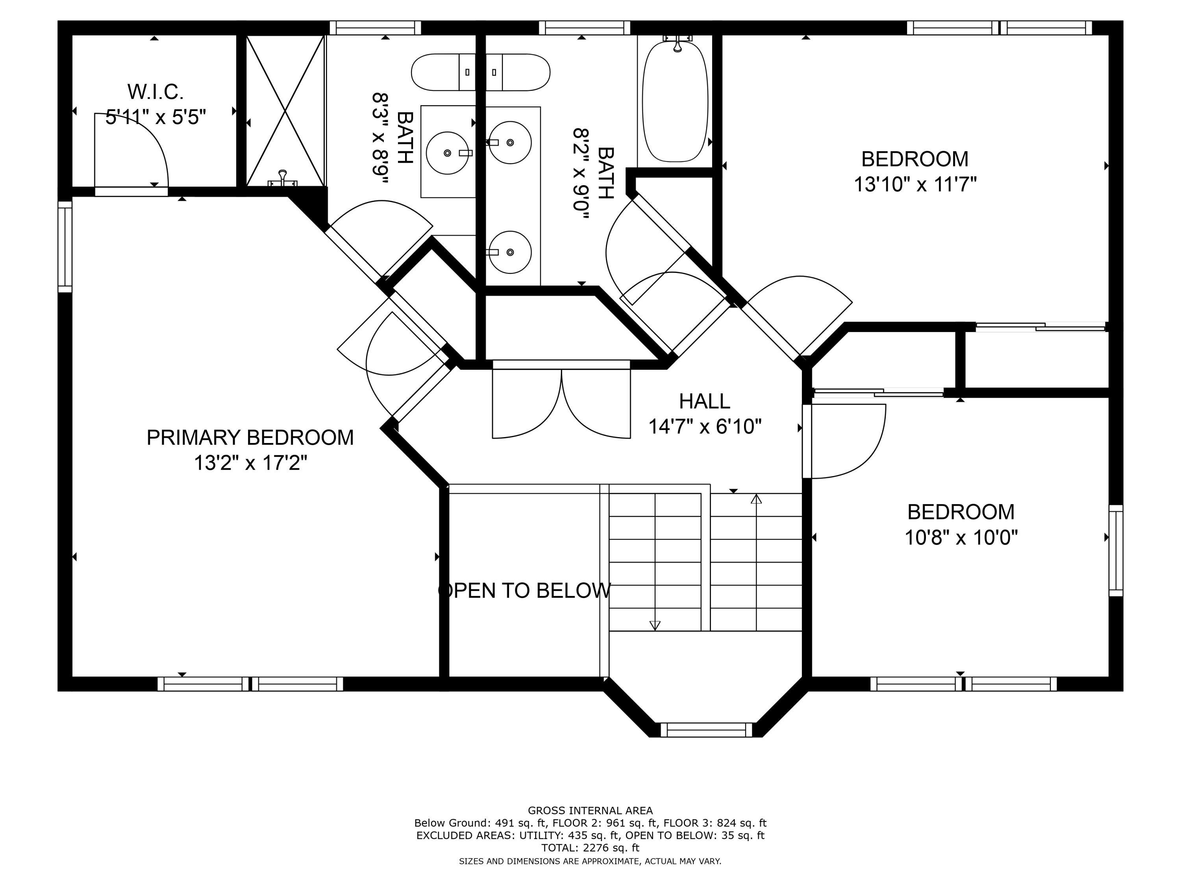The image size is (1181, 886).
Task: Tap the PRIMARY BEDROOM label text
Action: tap(250, 437)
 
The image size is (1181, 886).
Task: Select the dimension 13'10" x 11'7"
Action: tap(915, 185)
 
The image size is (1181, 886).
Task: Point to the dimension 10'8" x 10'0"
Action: tap(961, 537)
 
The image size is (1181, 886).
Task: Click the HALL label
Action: tap(704, 401)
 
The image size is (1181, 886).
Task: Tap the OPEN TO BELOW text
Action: tap(524, 590)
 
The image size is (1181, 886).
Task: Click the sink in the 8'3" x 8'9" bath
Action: tap(448, 153)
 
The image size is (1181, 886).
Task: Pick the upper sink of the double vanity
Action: tap(510, 142)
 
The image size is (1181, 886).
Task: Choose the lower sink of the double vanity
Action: tap(510, 252)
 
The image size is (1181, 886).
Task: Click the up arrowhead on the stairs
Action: tap(756, 499)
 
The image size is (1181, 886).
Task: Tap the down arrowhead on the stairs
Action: tap(655, 625)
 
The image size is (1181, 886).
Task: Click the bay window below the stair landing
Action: tap(706, 730)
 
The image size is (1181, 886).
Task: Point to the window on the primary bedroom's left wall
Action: tap(65, 247)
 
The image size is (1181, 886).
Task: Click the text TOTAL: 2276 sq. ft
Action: tap(590, 847)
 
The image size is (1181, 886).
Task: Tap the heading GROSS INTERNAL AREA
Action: tap(590, 811)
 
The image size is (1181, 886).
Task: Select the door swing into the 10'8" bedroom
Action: tap(846, 441)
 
